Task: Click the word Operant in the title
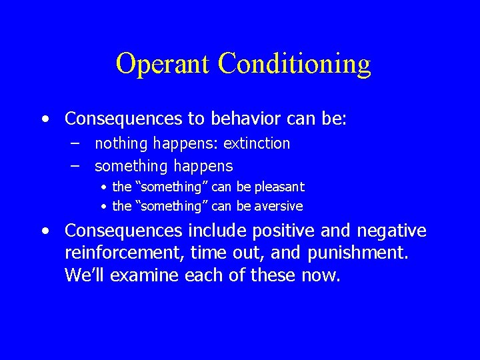163,64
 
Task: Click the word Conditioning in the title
294,64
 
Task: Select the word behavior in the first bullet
247,119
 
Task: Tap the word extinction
257,143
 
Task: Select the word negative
391,231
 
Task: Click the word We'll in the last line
85,275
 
